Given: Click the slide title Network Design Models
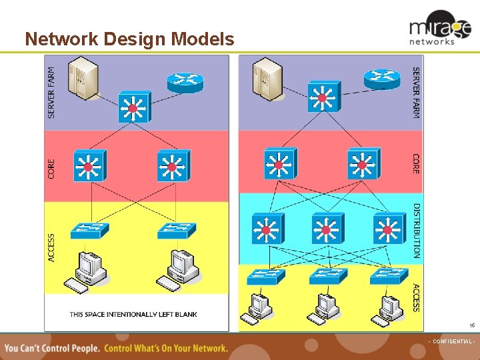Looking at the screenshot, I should coord(129,39).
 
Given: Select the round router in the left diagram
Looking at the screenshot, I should coord(185,81).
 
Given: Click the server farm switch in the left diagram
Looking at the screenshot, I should coord(133,107).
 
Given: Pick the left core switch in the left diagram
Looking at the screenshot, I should coord(89,166).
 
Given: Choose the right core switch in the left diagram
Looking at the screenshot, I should coord(173,166).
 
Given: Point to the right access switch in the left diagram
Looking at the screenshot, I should coord(176,230).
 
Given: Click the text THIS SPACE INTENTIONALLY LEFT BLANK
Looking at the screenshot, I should coord(133,314).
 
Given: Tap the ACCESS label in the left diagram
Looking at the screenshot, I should coord(53,246).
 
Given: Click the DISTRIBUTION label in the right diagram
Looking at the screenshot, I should coord(417,230).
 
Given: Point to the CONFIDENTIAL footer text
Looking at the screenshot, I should coord(451,341).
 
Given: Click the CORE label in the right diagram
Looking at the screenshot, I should coord(416,163).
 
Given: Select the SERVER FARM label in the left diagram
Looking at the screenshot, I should coord(53,92).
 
